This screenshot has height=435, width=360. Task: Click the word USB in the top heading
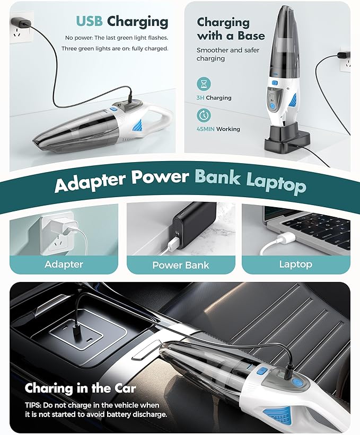[x=89, y=21]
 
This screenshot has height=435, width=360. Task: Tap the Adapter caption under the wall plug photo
[x=64, y=264]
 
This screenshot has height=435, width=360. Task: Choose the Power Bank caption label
[x=181, y=265]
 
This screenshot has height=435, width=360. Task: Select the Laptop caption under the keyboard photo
[x=295, y=264]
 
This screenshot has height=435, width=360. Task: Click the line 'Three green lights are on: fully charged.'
[x=115, y=48]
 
